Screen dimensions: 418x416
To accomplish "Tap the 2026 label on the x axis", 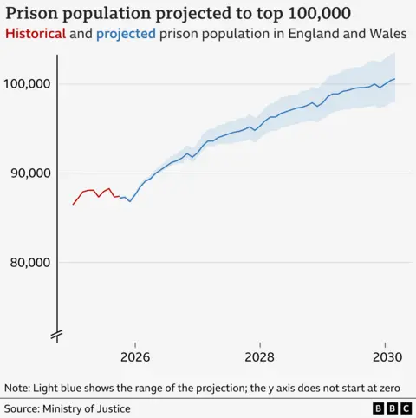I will pos(136,356).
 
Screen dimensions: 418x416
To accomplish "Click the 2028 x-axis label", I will pos(260,356).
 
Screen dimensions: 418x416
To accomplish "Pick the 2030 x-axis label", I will pos(384,356).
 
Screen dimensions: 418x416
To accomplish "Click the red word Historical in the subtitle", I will pos(35,33).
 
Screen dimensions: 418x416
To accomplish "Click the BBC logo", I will pos(390,408).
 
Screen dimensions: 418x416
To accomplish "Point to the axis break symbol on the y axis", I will pos(58,334).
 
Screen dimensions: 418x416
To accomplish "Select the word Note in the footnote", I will pos(17,388).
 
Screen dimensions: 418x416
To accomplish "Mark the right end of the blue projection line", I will pos(395,79).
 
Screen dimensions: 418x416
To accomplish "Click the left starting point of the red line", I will pos(73,205).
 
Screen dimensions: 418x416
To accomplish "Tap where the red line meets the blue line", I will pos(119,197).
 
